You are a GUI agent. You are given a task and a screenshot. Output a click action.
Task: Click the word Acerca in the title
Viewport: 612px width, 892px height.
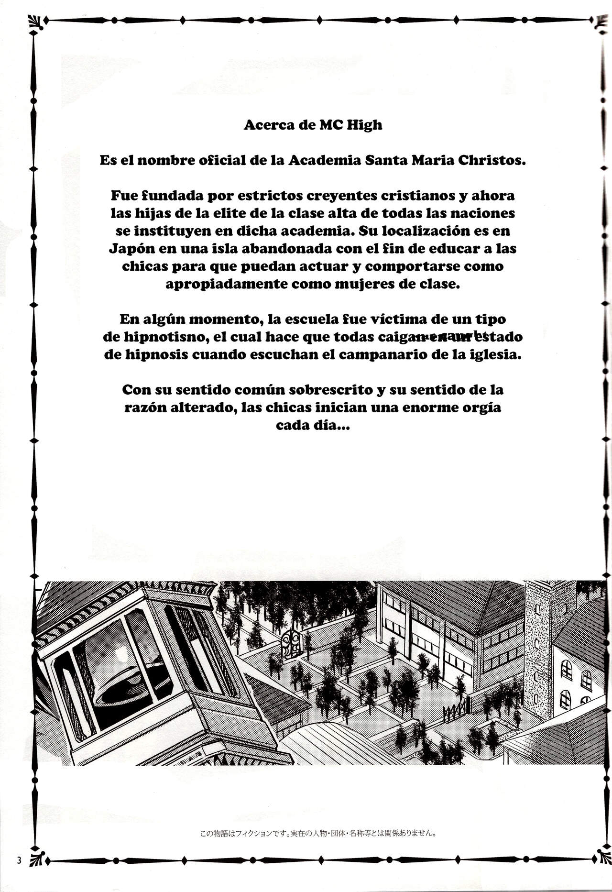pos(265,125)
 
